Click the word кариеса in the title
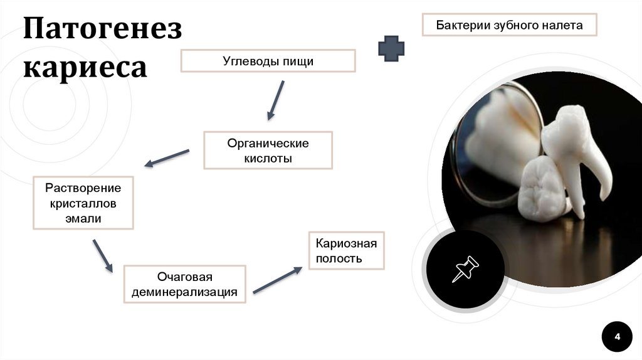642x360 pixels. (x=85, y=67)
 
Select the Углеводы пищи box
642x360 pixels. (x=268, y=61)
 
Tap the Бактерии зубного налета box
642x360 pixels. (x=509, y=25)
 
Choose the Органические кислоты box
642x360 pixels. (x=268, y=151)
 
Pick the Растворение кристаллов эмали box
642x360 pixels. (x=83, y=203)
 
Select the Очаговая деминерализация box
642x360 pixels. (x=184, y=284)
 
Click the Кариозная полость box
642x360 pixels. (x=345, y=250)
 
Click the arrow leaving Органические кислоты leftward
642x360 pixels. (x=167, y=158)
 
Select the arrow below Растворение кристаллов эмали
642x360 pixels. (x=103, y=255)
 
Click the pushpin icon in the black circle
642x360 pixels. (x=465, y=268)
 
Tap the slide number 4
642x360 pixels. (x=618, y=337)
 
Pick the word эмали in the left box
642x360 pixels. (x=83, y=218)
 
